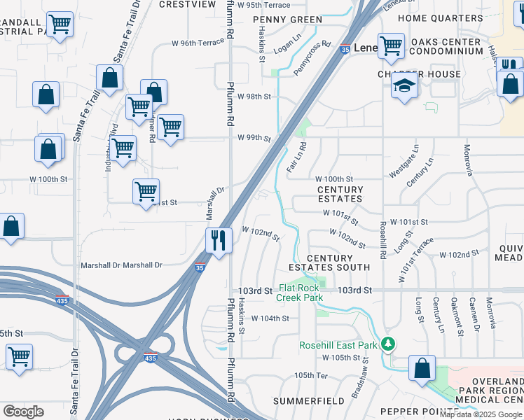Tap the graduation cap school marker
pyautogui.click(x=405, y=86)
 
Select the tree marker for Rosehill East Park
pyautogui.click(x=387, y=344)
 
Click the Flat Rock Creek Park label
pyautogui.click(x=300, y=293)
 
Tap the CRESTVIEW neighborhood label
pyautogui.click(x=187, y=4)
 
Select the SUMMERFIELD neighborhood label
pyautogui.click(x=308, y=401)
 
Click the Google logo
pyautogui.click(x=23, y=412)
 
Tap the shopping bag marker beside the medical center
pyautogui.click(x=422, y=368)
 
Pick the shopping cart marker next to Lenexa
pyautogui.click(x=391, y=46)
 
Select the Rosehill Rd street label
pyautogui.click(x=383, y=240)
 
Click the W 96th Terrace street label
pyautogui.click(x=198, y=43)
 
